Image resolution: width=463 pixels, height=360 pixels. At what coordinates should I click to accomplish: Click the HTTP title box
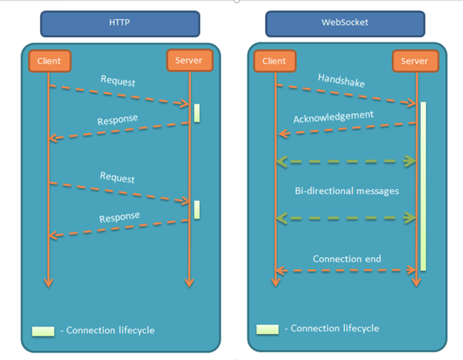point(120,23)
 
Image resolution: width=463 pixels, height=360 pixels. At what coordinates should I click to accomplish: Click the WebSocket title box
point(345,23)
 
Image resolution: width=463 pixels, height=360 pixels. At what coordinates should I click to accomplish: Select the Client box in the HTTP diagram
point(49,61)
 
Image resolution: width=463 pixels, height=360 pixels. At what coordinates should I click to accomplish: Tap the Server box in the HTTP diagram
point(189,61)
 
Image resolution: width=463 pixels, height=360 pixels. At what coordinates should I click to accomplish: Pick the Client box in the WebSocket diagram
point(274,61)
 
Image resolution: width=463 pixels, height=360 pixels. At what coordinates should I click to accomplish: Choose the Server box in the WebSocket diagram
point(414,61)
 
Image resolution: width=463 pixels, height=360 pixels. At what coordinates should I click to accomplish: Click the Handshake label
point(341,80)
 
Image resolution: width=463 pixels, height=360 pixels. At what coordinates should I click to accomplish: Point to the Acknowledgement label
point(333,117)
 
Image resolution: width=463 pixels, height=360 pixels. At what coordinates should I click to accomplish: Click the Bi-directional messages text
point(347,191)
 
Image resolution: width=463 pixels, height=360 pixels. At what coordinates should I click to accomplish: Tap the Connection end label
point(347,259)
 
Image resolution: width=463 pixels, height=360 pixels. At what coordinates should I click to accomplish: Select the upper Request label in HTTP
point(118,80)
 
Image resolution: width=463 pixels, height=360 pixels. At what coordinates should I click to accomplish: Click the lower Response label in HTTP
point(119,218)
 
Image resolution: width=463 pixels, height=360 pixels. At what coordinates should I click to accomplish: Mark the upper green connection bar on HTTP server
point(197,113)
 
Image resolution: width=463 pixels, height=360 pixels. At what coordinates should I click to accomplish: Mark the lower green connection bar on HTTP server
point(197,209)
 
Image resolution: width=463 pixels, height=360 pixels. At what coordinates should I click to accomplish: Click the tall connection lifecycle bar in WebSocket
point(423,186)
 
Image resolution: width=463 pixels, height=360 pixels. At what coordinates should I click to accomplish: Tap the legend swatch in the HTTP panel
point(43,331)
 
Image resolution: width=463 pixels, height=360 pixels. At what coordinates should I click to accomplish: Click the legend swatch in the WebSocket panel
point(267,329)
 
